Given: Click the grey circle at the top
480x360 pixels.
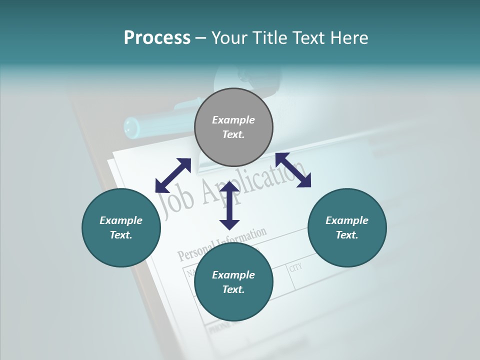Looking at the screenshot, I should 233,127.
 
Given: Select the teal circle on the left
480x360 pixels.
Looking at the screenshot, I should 121,227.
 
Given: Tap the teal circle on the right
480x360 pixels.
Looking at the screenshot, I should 347,227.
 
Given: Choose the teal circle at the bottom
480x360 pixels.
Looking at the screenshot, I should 233,282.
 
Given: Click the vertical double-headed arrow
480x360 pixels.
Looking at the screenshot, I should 229,205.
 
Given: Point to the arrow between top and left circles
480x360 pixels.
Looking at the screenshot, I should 173,175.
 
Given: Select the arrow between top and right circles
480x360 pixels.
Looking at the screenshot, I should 293,170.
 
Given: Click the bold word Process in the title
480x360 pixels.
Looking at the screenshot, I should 157,37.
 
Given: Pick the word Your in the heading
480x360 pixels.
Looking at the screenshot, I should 228,37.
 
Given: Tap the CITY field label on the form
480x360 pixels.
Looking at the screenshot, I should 295,268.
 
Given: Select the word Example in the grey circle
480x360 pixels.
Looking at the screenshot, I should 233,120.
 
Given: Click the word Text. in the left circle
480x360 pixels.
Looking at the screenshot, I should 121,235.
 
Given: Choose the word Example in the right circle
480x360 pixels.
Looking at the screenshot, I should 347,220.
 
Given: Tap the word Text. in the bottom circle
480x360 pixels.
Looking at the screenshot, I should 233,289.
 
